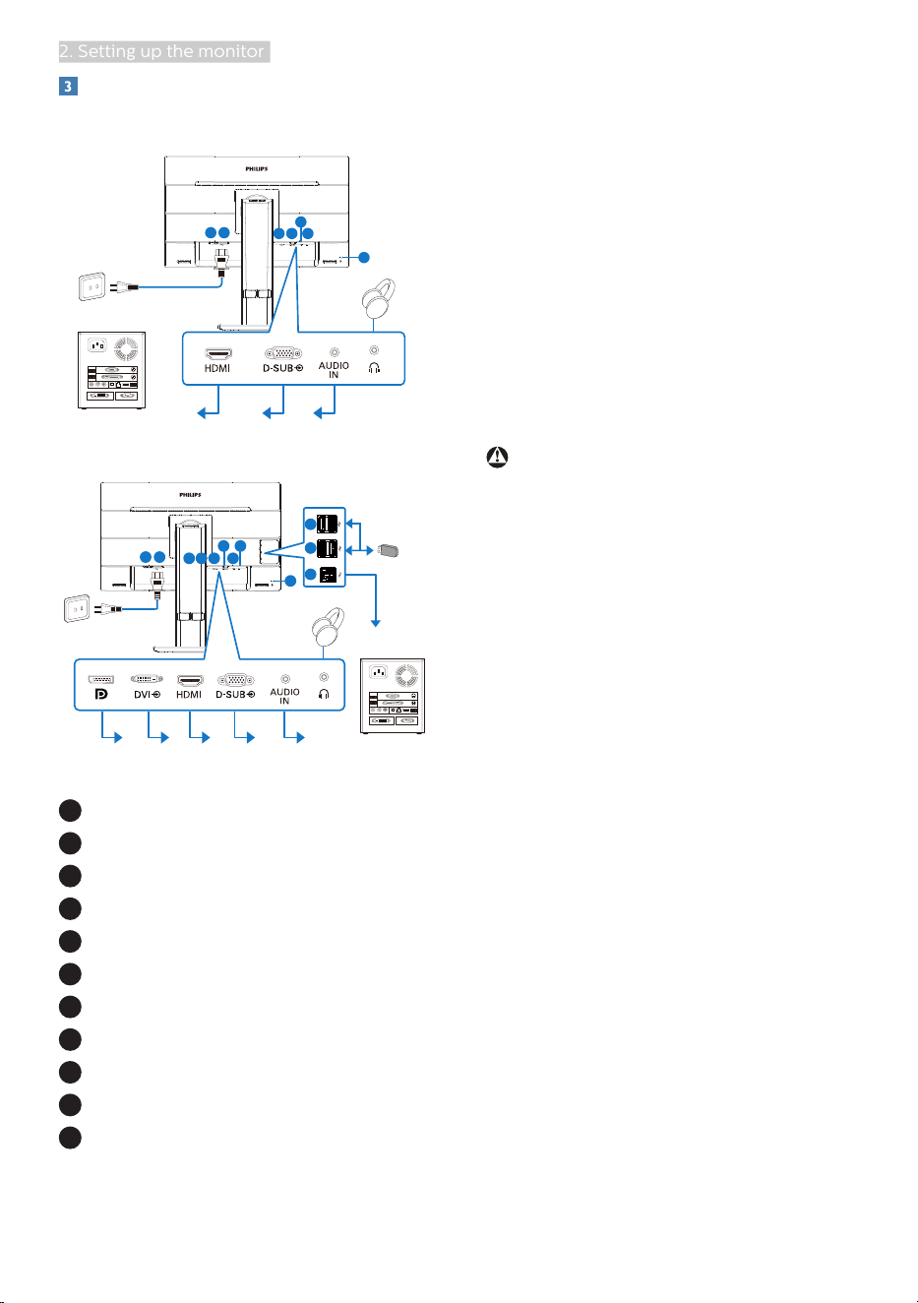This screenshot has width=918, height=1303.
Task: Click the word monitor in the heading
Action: (231, 52)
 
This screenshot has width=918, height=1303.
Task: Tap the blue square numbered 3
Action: (68, 86)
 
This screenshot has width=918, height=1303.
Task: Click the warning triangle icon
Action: (498, 457)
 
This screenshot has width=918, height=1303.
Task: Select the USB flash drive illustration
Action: (388, 550)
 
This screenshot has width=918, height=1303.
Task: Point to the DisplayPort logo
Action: (101, 694)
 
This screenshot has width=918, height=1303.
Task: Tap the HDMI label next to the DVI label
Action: (189, 694)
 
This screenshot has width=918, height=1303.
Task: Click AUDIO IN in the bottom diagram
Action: (284, 696)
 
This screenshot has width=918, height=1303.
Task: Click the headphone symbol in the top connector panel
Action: (374, 368)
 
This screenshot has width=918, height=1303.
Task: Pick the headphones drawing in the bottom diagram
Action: (328, 627)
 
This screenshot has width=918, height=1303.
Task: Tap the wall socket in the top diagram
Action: (92, 286)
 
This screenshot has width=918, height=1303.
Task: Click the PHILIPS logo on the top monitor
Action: (257, 168)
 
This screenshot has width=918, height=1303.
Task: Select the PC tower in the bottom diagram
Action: (393, 696)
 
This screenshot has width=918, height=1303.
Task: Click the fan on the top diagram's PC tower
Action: (125, 347)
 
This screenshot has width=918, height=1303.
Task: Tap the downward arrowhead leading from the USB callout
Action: (376, 623)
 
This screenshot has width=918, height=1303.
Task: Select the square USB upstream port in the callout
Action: (328, 575)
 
